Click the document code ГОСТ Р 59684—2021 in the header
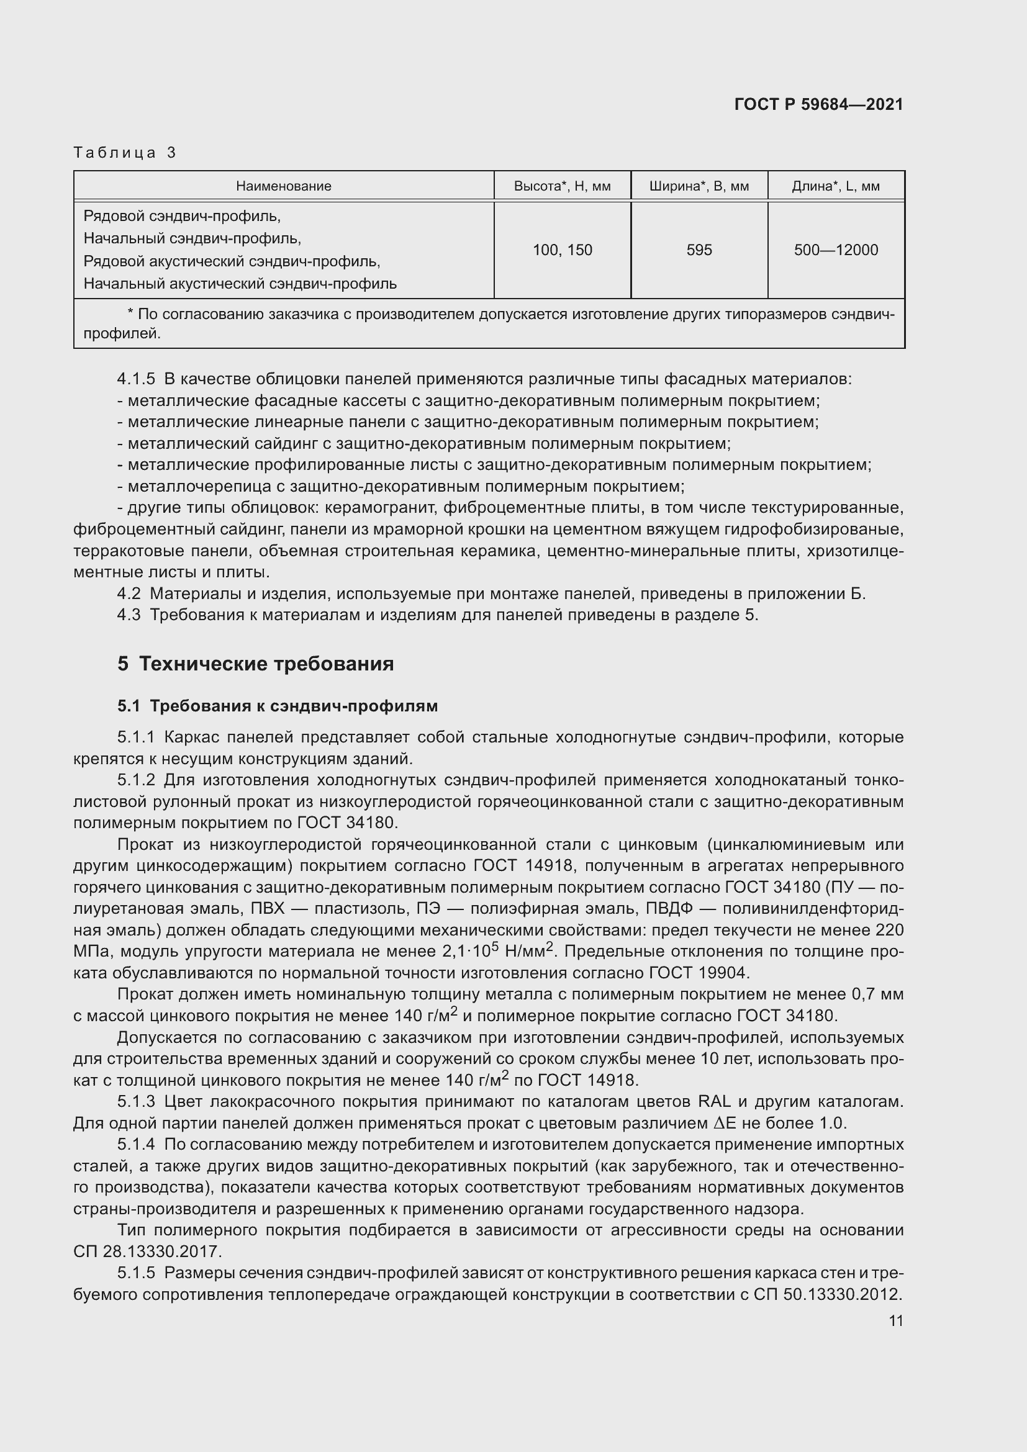pyautogui.click(x=818, y=104)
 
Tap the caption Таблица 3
pyautogui.click(x=125, y=153)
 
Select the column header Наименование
pyautogui.click(x=283, y=186)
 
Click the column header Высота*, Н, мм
pyautogui.click(x=561, y=186)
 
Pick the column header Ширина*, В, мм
pyautogui.click(x=699, y=186)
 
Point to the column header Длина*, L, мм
pyautogui.click(x=835, y=186)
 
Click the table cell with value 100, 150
pyautogui.click(x=561, y=250)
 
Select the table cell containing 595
pyautogui.click(x=699, y=250)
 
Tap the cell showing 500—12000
pyautogui.click(x=835, y=250)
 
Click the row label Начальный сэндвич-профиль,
pyautogui.click(x=192, y=238)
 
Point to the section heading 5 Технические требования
pyautogui.click(x=255, y=664)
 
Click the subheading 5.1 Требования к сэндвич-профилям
pyautogui.click(x=277, y=706)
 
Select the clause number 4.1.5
pyautogui.click(x=136, y=379)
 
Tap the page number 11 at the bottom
pyautogui.click(x=895, y=1320)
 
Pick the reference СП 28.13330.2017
pyautogui.click(x=147, y=1251)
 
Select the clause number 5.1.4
pyautogui.click(x=136, y=1145)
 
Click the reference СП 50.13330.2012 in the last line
pyautogui.click(x=826, y=1294)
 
